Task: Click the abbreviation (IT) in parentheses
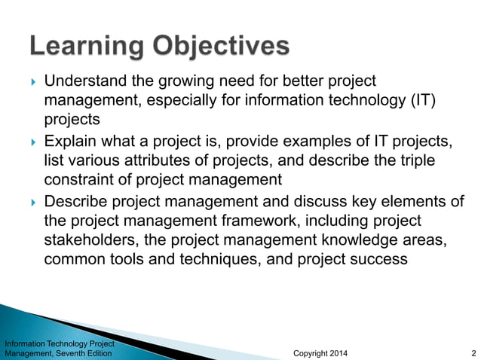(421, 100)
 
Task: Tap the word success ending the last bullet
(380, 259)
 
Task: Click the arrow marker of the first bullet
(31, 81)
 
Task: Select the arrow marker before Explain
(31, 141)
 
